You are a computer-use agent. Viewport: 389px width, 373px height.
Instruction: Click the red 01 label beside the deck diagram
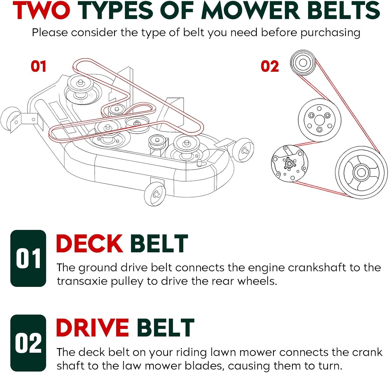click(38, 66)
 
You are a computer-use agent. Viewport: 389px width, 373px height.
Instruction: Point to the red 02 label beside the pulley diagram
click(270, 66)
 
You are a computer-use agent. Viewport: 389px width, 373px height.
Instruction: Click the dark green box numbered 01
click(28, 258)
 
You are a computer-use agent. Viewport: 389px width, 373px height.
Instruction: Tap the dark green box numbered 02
click(28, 343)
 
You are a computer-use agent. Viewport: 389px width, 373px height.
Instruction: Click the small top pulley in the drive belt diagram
click(303, 63)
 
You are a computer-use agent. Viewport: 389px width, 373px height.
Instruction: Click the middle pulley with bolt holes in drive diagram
click(319, 120)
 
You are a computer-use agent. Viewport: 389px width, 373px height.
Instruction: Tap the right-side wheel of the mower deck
click(243, 150)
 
